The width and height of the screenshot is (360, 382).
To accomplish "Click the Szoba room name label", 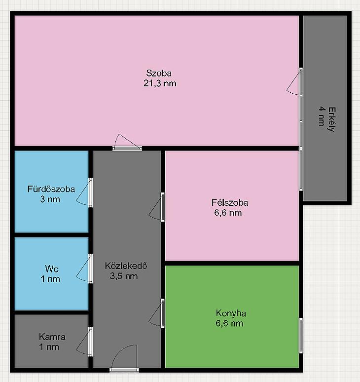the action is click(159, 73).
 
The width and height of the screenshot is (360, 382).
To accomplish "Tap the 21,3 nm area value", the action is click(160, 83).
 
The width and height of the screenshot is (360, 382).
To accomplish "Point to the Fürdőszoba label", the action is click(51, 190).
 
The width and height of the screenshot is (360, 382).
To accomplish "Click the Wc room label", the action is click(52, 269).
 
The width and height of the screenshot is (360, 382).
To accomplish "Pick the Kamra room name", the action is click(52, 337).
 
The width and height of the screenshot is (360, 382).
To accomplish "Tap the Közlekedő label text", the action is click(126, 266).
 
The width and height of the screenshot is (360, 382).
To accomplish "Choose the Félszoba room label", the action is click(230, 203).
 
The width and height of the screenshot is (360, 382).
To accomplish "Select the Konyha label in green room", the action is click(231, 313).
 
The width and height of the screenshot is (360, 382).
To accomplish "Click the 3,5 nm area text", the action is click(124, 276).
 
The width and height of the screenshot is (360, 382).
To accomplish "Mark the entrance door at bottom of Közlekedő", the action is click(124, 358).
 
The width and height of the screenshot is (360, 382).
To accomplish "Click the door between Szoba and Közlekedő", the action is click(127, 142).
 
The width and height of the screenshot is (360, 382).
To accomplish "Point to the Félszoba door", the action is click(157, 207).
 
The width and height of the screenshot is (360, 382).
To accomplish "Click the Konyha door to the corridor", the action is click(157, 313).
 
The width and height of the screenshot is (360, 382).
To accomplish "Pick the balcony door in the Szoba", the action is click(295, 81).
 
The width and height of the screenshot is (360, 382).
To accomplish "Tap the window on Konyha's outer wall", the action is click(301, 336).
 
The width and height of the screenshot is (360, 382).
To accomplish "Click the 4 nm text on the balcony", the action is click(322, 116).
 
